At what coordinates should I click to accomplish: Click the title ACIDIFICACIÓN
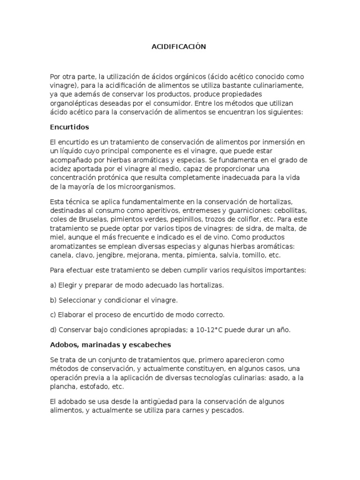(x=179, y=47)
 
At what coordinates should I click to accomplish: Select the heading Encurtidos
(x=69, y=127)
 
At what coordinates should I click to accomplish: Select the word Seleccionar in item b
(x=78, y=300)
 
